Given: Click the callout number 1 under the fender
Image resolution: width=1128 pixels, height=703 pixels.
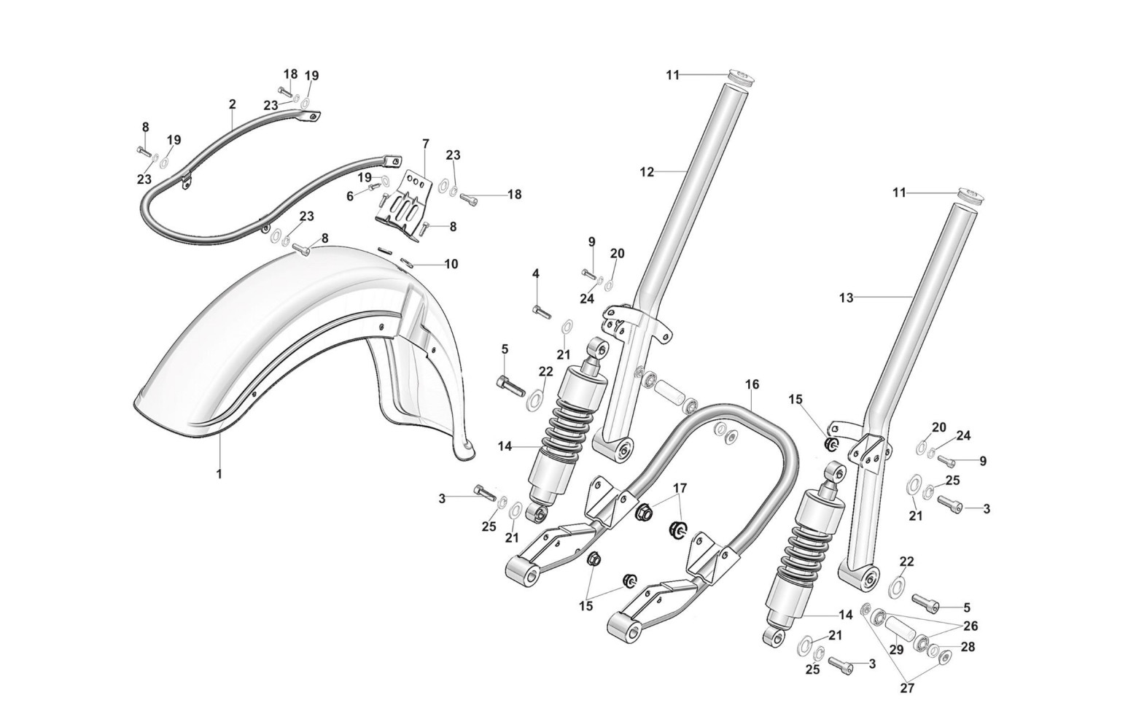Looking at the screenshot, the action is (219, 474).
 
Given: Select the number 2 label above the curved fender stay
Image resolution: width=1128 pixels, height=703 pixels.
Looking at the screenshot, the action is (232, 104).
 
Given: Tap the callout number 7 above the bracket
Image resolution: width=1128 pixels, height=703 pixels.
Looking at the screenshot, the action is (426, 144).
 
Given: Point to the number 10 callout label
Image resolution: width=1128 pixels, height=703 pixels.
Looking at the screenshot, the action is (451, 264).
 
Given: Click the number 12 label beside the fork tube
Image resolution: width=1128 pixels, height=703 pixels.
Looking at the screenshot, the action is (647, 172).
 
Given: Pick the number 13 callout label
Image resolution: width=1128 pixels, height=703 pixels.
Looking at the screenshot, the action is (847, 298).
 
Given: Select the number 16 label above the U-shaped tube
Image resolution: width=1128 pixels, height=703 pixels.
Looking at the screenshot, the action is (752, 384).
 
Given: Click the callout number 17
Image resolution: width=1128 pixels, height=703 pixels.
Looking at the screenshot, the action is (680, 488).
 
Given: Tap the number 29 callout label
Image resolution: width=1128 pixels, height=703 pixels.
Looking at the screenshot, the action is (896, 650).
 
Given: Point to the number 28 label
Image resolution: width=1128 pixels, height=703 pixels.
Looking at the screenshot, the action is (968, 647).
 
